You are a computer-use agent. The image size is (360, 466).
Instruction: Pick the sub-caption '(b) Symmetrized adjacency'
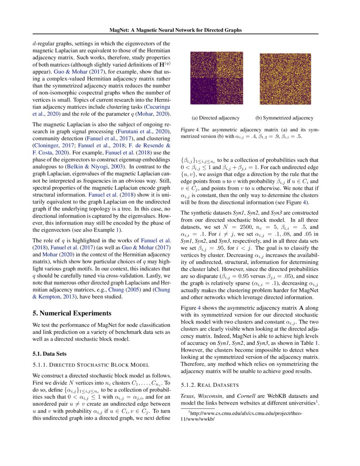(x=284, y=118)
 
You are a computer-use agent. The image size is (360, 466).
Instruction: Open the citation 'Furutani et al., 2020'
(x=138, y=133)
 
